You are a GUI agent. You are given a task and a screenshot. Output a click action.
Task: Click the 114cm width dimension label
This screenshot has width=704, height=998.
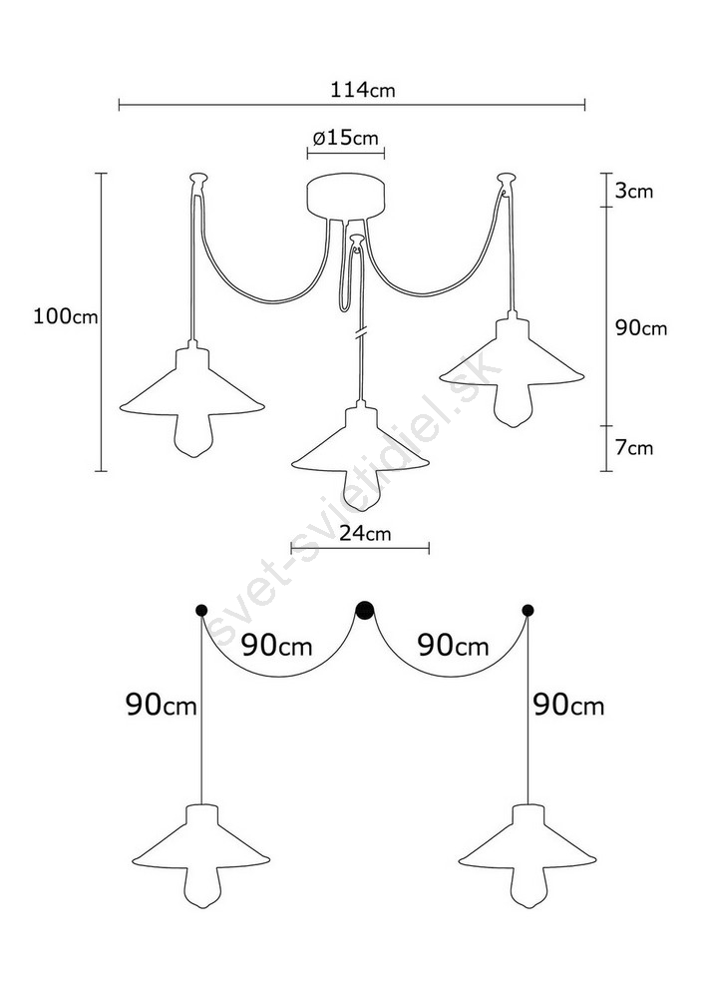tap(362, 91)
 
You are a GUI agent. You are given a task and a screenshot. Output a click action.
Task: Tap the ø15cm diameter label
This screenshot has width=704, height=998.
tap(345, 138)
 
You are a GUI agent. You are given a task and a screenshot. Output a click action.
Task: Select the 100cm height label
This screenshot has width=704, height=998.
tap(66, 316)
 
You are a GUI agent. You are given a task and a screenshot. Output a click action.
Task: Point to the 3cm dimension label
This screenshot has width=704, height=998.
tap(634, 191)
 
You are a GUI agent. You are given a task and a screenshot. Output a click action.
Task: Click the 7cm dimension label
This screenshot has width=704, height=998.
tap(634, 448)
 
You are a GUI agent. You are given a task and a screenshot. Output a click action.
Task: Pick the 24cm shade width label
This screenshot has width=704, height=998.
tap(364, 533)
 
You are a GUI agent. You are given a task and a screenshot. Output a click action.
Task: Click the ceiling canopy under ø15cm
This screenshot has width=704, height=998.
tap(347, 198)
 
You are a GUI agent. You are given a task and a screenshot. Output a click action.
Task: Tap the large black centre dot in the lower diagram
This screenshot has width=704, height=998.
tap(364, 611)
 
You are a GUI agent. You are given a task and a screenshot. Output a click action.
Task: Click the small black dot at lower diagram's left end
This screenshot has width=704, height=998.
tap(201, 611)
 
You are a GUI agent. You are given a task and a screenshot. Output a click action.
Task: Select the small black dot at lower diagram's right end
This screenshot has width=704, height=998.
tap(528, 611)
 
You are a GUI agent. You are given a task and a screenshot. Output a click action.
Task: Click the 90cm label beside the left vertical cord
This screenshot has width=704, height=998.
tap(162, 706)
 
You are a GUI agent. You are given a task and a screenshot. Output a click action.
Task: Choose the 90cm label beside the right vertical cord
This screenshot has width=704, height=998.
tap(568, 706)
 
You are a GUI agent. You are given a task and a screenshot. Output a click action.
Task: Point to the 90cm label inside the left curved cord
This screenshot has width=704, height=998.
tap(276, 646)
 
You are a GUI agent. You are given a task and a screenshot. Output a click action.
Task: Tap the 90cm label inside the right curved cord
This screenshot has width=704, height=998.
tap(454, 646)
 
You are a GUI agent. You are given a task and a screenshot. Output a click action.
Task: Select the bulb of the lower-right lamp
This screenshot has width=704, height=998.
tap(528, 885)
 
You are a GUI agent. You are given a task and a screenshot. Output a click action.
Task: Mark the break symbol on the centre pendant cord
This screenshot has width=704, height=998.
tap(361, 333)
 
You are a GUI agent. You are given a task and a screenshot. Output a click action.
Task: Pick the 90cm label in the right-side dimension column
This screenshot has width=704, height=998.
tap(641, 328)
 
